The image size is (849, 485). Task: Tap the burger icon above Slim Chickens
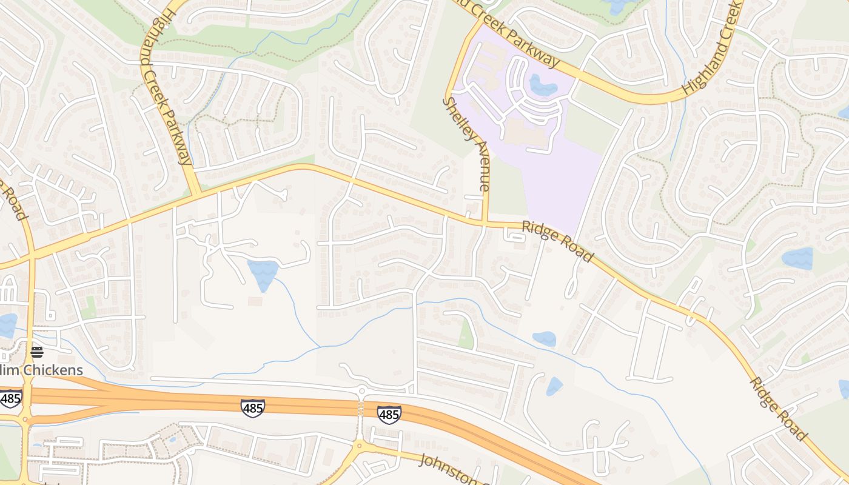click(37, 352)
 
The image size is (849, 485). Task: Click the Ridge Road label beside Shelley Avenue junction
click(557, 241)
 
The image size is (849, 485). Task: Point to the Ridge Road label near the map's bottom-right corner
click(778, 409)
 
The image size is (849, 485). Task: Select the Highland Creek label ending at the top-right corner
click(713, 48)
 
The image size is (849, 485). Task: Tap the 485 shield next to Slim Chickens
click(11, 398)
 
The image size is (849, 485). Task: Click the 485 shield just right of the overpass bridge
click(389, 415)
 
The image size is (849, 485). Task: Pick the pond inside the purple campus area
click(542, 85)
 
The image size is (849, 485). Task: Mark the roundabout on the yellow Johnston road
click(361, 447)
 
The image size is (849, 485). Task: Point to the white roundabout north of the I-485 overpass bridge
click(362, 390)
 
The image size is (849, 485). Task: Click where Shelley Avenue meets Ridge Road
click(485, 223)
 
